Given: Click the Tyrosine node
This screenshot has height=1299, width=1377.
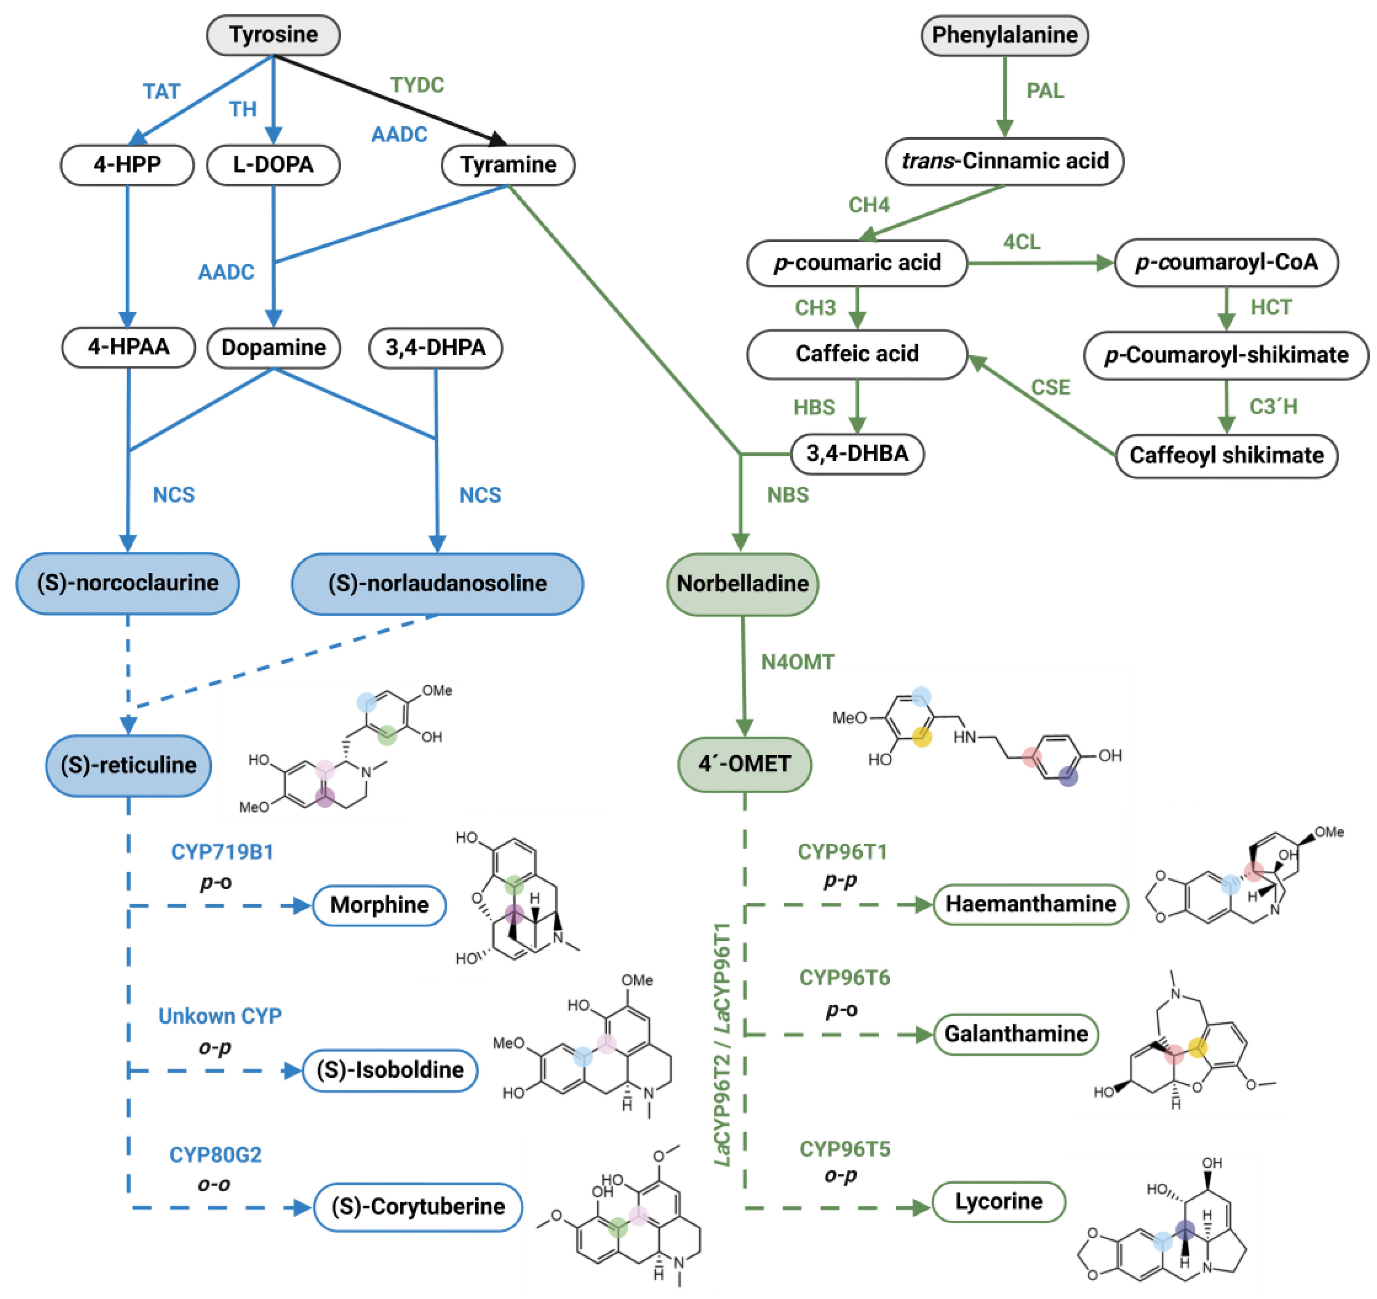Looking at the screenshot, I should click(274, 35).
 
